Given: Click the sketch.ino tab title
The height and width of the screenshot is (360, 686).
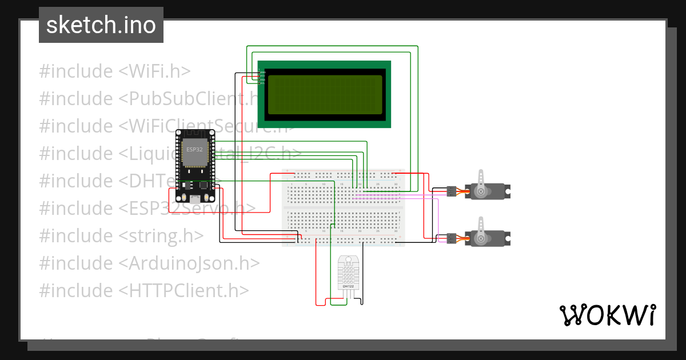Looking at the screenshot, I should (x=101, y=25).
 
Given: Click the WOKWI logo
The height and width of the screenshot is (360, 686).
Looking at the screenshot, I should (x=607, y=315).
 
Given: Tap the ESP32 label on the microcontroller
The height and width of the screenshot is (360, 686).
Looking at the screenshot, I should (x=194, y=149).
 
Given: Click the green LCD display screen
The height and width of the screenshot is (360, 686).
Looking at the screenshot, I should (x=324, y=94).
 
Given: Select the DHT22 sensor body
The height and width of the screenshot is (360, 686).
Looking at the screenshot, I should (x=349, y=274).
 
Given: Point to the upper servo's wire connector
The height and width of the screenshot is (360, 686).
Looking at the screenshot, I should (x=451, y=191).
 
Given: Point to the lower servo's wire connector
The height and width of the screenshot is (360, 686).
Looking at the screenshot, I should (x=451, y=238).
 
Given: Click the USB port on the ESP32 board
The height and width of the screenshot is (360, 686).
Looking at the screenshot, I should (x=196, y=199).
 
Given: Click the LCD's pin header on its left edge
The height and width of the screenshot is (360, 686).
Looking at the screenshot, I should (x=262, y=76).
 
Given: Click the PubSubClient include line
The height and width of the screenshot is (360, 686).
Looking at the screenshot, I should (x=149, y=99).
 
